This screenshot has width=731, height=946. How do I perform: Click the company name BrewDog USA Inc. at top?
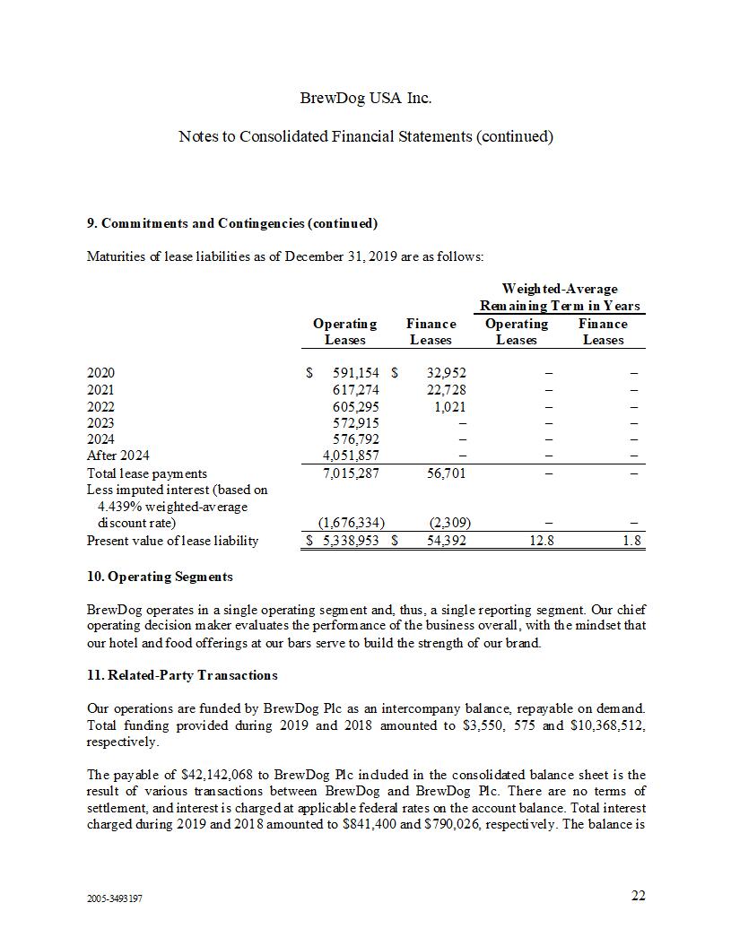(x=365, y=98)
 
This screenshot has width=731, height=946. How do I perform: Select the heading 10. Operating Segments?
(x=160, y=577)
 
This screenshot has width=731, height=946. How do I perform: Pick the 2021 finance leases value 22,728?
(x=442, y=390)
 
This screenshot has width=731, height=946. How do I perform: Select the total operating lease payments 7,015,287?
(x=351, y=473)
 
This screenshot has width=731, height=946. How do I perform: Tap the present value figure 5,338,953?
(x=350, y=541)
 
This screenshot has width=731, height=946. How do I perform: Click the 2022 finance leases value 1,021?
(x=446, y=406)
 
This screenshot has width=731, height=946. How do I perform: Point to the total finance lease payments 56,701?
(x=442, y=473)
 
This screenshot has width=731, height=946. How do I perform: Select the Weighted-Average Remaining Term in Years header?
(x=560, y=297)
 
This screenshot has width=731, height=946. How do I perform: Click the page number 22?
(x=638, y=895)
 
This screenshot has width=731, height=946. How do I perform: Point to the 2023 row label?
(x=100, y=422)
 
